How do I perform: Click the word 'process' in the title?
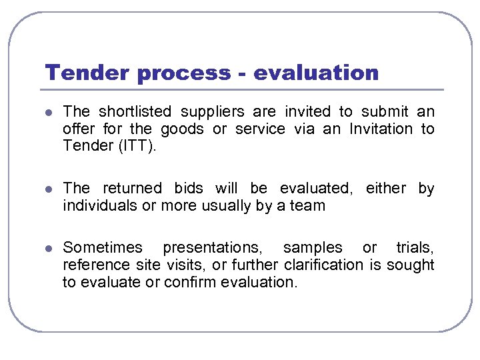(x=179, y=73)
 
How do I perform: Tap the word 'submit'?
(x=385, y=111)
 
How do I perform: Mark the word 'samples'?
(x=313, y=247)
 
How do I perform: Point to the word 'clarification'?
(x=323, y=265)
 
